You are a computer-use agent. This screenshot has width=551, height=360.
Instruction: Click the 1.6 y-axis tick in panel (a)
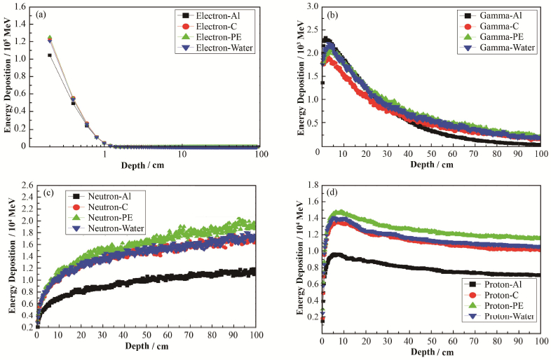(x=24, y=6)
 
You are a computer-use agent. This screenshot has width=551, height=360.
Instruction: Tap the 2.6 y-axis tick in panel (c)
(x=25, y=185)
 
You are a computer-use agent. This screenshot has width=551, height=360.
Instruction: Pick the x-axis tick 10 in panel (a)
(x=182, y=153)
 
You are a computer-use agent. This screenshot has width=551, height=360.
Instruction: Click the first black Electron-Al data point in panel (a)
(x=49, y=55)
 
